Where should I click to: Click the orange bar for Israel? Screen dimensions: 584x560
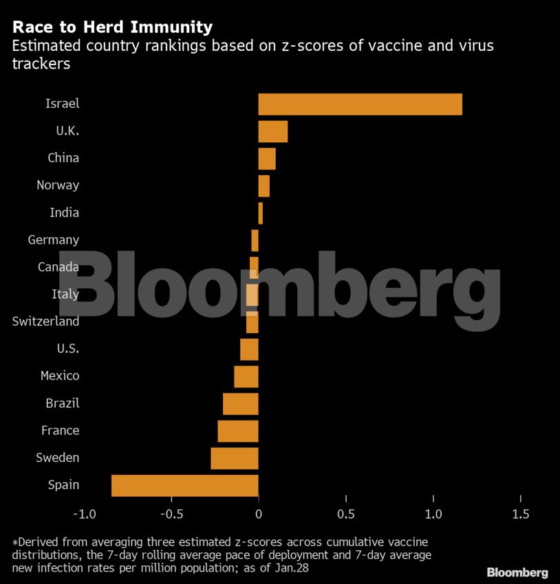point(360,104)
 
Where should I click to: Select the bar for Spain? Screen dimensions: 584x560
point(184,485)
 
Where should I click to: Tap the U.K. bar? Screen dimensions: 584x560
point(272,131)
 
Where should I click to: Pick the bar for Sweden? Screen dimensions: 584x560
point(234,458)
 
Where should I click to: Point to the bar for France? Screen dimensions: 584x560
point(237,431)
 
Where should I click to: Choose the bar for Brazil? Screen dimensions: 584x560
point(240,403)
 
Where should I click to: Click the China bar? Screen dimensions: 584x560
point(267,158)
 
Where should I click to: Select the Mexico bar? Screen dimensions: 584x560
point(246,376)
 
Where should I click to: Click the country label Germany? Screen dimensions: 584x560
point(53,240)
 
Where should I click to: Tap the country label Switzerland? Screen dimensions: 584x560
point(45,322)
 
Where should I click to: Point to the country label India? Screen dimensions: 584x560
point(64,213)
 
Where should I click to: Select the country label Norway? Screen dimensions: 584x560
point(58,186)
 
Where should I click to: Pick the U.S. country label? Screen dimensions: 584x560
point(67,349)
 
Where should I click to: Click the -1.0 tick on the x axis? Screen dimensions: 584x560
point(83,515)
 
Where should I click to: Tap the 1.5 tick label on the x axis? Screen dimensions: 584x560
point(521,515)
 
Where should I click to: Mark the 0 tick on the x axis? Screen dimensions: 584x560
point(259,515)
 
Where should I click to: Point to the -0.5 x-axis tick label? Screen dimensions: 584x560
point(171,515)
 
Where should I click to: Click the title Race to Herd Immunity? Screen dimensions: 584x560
point(112,27)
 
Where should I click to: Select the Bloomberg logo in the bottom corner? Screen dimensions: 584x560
point(517,572)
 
